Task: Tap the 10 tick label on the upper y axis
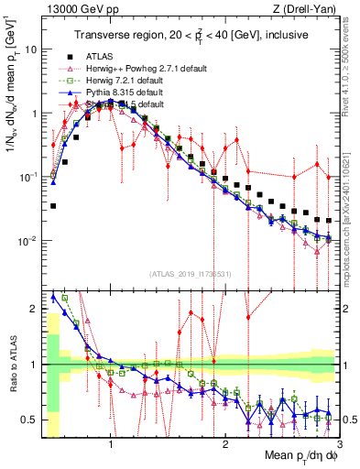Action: pyautogui.click(x=29, y=49)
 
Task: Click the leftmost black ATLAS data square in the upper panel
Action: pyautogui.click(x=53, y=206)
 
